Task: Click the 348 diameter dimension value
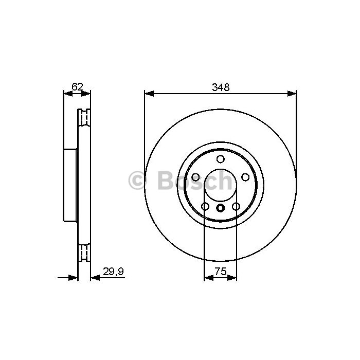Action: (x=221, y=87)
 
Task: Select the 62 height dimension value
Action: (x=77, y=87)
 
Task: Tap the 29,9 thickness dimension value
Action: (x=114, y=272)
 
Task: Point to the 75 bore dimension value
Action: (x=221, y=272)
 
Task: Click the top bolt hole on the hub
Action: (x=221, y=159)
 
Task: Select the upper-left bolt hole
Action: (x=195, y=177)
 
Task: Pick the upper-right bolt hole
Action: (x=245, y=177)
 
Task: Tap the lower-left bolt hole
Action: (x=205, y=206)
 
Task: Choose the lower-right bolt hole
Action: (x=236, y=206)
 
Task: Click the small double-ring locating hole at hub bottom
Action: (x=221, y=208)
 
